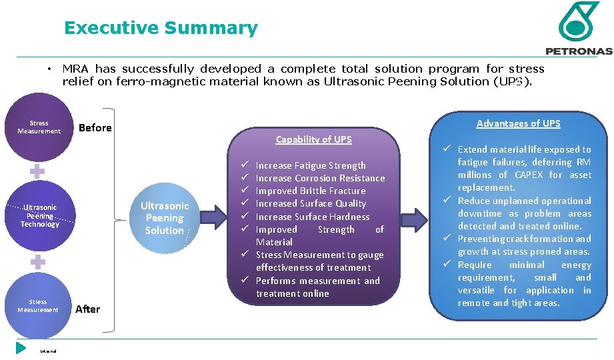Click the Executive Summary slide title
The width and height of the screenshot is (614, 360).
[160, 28]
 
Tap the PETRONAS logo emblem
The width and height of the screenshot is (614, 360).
[578, 21]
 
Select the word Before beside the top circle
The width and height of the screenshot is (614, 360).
[95, 128]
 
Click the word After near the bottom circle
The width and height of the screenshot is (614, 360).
[87, 309]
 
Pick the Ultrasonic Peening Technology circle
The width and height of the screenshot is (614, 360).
[39, 215]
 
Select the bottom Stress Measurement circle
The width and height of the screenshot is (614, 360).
[39, 306]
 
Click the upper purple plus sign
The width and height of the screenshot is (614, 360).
[37, 171]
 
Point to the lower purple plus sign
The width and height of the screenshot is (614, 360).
[38, 262]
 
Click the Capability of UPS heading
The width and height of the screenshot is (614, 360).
[313, 139]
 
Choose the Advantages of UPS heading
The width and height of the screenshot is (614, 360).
[518, 123]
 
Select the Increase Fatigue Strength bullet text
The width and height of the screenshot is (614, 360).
[311, 165]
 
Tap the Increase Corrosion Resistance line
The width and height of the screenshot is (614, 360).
[320, 178]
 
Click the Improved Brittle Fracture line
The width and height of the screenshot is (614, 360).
[311, 191]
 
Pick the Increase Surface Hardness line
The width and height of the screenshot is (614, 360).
[312, 217]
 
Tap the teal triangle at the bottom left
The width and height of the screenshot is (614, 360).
[21, 347]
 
